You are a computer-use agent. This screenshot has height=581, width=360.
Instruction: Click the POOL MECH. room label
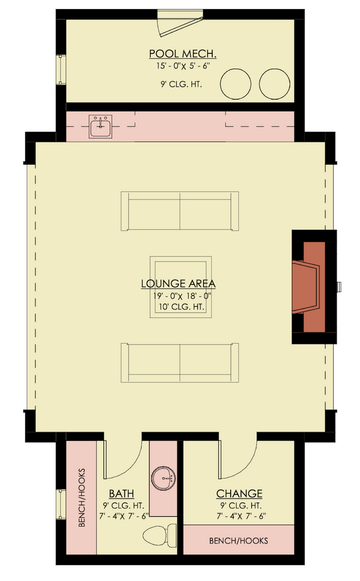183,54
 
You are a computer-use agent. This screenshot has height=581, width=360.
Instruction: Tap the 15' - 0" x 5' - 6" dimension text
183,66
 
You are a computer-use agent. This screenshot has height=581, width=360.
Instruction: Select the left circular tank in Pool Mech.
235,84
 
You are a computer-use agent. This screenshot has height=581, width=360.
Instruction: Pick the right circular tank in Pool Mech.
274,84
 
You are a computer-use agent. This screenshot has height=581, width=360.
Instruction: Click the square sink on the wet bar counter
100,127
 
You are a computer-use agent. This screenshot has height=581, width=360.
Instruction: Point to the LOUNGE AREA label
178,284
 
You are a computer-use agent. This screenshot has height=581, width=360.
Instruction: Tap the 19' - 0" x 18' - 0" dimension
181,296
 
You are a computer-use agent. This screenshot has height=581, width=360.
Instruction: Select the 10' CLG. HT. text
181,307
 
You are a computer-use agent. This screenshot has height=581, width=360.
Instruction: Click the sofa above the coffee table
180,211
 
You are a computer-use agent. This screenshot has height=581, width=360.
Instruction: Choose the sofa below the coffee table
180,363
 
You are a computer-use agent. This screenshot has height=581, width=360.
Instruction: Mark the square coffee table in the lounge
181,287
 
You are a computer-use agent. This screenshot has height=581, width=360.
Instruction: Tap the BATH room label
121,494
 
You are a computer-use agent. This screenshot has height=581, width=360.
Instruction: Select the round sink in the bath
163,478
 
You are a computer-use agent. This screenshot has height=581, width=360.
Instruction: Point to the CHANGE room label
239,494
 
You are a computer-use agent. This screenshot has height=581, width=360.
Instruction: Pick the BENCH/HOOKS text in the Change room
239,541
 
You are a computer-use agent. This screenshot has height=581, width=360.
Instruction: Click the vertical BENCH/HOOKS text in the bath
82,498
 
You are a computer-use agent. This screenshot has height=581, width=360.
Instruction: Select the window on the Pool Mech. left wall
61,70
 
